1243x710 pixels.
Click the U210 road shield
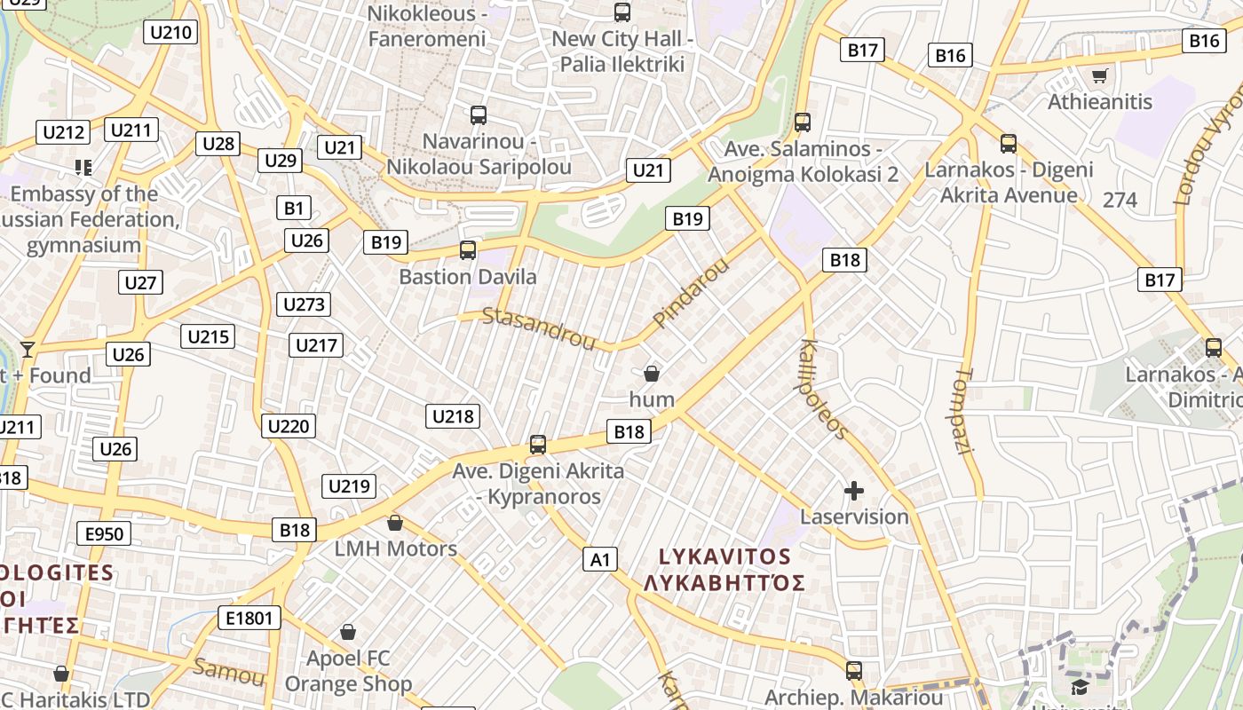tap(171, 33)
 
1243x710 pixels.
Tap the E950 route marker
tap(105, 533)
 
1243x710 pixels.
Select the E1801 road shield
tap(249, 618)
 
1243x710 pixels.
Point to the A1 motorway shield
tap(601, 559)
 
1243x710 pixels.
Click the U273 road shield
tap(304, 304)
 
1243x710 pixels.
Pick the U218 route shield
tap(453, 416)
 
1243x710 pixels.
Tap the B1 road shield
tap(294, 209)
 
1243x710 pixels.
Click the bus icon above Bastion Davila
tap(468, 250)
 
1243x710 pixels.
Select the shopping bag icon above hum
tap(652, 374)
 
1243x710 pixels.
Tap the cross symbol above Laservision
tap(854, 491)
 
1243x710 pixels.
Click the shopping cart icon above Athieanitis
tap(1099, 76)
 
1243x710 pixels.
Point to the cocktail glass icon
tap(28, 349)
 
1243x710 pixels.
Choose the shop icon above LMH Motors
tap(395, 523)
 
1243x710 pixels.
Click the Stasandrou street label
tap(539, 327)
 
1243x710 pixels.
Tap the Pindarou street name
tap(690, 292)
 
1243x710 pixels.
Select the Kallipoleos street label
tap(825, 389)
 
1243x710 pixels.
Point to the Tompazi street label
tap(966, 411)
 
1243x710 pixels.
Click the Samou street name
tap(228, 671)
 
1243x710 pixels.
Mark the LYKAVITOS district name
tap(724, 556)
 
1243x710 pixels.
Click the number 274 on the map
tap(1120, 200)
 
